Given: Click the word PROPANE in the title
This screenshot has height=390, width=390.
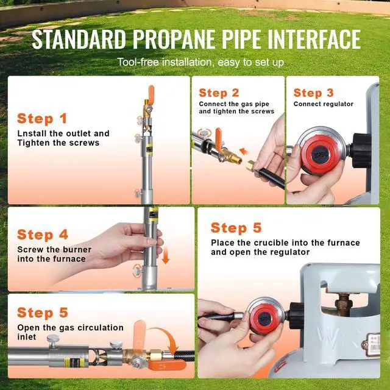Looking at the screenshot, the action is pyautogui.click(x=175, y=39).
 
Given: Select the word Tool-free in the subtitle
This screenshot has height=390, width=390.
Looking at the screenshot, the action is pyautogui.click(x=138, y=62).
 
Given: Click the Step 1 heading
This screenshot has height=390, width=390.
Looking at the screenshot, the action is pyautogui.click(x=42, y=118).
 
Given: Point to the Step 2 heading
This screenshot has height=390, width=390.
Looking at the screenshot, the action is pyautogui.click(x=219, y=93).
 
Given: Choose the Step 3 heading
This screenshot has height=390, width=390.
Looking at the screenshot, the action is pyautogui.click(x=313, y=93).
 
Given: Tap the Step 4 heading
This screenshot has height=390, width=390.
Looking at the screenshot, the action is pyautogui.click(x=43, y=235).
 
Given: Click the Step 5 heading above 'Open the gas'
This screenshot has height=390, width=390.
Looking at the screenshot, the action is pyautogui.click(x=43, y=313).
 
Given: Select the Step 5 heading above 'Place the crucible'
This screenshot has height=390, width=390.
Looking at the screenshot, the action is pyautogui.click(x=236, y=228).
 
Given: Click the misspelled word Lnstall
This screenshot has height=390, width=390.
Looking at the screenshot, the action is pyautogui.click(x=32, y=133).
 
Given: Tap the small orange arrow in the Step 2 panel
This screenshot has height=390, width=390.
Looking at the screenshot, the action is pyautogui.click(x=244, y=151).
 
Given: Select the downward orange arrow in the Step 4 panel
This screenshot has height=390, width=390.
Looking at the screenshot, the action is pyautogui.click(x=165, y=256).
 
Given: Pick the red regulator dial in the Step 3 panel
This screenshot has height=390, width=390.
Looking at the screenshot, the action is pyautogui.click(x=320, y=154).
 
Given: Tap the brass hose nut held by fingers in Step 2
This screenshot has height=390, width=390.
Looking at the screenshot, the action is pyautogui.click(x=251, y=166).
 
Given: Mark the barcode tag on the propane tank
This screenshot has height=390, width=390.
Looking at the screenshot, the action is pyautogui.click(x=373, y=344).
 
